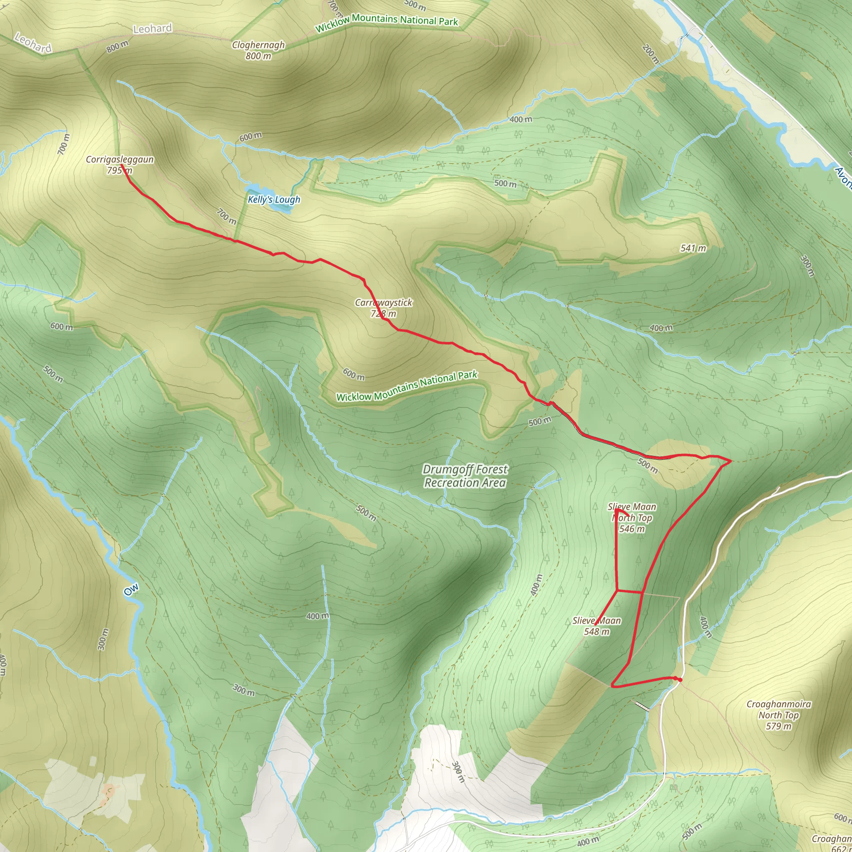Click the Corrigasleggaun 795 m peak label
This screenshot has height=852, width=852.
(x=119, y=164)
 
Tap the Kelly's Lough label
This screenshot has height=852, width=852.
(x=274, y=200)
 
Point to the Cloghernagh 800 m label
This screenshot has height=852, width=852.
(x=258, y=50)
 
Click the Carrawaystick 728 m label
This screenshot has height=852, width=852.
(x=383, y=308)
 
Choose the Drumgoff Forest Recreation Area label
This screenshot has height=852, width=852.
(x=465, y=476)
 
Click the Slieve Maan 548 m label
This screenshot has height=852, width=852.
(x=597, y=626)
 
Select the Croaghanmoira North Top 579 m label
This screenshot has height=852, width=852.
(x=778, y=715)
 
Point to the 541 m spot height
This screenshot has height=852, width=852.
(x=693, y=248)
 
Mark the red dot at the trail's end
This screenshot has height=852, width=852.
(x=680, y=680)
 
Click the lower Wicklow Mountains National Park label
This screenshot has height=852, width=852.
(x=406, y=387)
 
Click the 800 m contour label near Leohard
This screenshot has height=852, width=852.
(x=117, y=46)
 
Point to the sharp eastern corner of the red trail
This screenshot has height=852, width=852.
(x=731, y=461)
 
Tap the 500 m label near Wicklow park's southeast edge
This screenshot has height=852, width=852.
(x=540, y=421)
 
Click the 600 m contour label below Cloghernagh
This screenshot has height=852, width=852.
(x=250, y=137)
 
